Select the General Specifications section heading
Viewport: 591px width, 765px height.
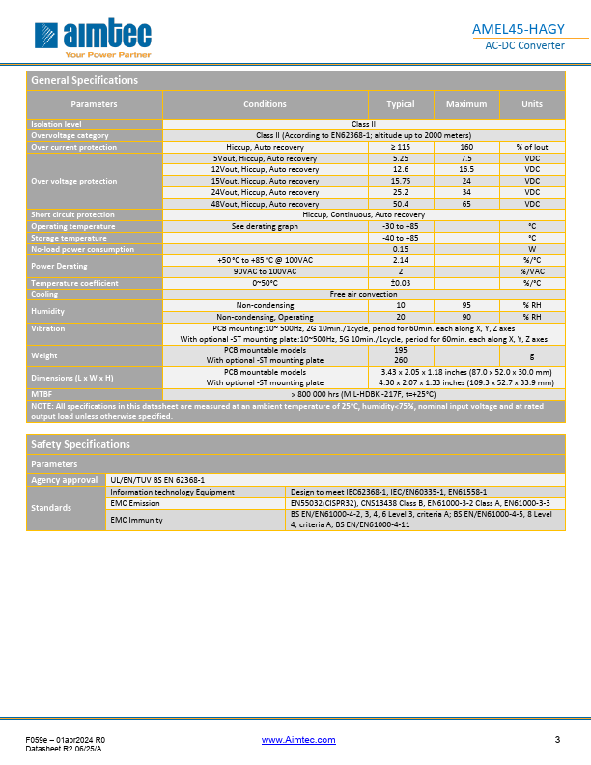(85, 80)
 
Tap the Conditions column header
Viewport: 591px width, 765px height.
(265, 104)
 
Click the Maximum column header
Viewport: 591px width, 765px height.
(466, 104)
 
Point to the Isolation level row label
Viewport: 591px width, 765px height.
(57, 124)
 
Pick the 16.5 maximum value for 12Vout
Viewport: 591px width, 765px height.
(466, 168)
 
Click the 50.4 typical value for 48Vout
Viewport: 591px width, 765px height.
(401, 204)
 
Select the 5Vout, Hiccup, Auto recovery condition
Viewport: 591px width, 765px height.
(265, 157)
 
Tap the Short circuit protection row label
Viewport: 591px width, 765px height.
(72, 214)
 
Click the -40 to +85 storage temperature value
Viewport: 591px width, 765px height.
(401, 238)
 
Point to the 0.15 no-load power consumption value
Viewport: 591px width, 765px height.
(401, 249)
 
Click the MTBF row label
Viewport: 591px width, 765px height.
(42, 394)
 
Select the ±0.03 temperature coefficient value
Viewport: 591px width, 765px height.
(401, 283)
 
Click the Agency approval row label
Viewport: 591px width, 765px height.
(65, 479)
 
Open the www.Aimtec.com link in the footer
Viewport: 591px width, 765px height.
(299, 740)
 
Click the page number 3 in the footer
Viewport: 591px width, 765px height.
(557, 740)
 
